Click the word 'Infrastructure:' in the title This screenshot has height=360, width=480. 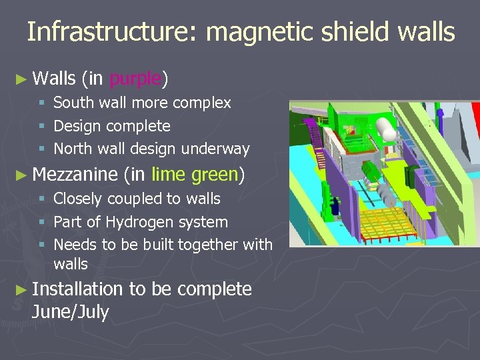coord(107,32)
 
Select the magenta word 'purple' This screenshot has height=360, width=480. coord(135,79)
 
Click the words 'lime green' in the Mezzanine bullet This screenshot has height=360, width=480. coord(195,175)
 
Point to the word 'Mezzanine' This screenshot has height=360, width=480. coord(75,175)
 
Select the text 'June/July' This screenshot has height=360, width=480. coord(70,311)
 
